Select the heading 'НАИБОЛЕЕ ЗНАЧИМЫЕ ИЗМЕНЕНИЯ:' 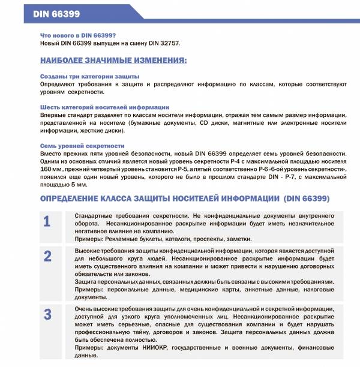[x=113, y=61]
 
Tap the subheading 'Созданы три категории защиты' [x=89, y=77]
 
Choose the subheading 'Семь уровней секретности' [x=82, y=146]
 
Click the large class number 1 [x=47, y=221]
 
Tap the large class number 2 [x=47, y=255]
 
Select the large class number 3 [x=47, y=314]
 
